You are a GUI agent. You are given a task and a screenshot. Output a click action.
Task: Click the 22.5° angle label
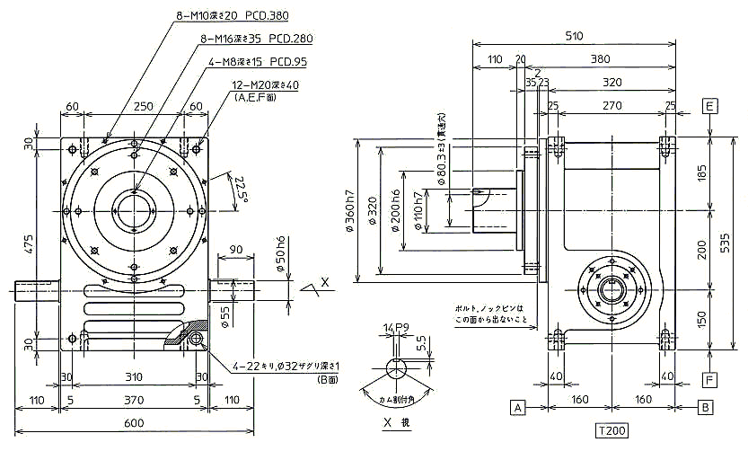(239, 189)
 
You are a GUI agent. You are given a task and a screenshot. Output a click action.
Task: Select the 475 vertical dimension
(29, 246)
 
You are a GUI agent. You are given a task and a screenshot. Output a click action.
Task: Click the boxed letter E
(710, 106)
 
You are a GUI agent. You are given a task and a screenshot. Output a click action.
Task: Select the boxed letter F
(709, 380)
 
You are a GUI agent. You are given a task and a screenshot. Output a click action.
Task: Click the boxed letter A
(517, 407)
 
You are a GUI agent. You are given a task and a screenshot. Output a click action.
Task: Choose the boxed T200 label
(611, 430)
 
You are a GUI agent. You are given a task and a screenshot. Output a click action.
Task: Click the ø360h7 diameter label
(348, 209)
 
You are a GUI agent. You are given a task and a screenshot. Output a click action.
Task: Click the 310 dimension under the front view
(133, 376)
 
